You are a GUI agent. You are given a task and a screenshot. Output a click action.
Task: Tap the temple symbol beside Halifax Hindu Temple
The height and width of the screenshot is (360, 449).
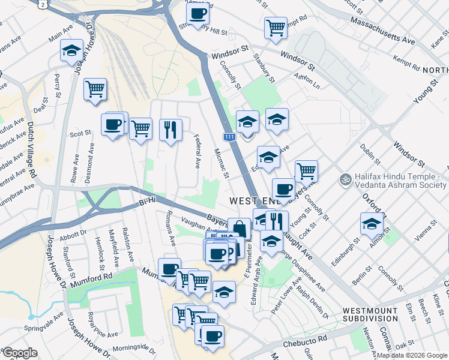tap(345, 179)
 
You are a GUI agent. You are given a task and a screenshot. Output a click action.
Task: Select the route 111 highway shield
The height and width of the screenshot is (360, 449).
tap(229, 137)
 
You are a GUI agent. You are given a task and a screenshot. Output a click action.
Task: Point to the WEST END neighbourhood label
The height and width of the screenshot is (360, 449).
tap(252, 199)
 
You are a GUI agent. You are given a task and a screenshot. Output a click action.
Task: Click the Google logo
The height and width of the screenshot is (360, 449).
tap(19, 353)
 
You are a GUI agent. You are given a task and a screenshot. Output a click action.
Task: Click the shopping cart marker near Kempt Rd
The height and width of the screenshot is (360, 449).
tap(276, 26)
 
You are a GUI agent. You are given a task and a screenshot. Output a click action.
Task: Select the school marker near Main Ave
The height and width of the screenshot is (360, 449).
tap(71, 50)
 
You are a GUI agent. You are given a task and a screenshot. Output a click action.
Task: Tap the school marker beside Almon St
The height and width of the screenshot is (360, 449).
tap(372, 224)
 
